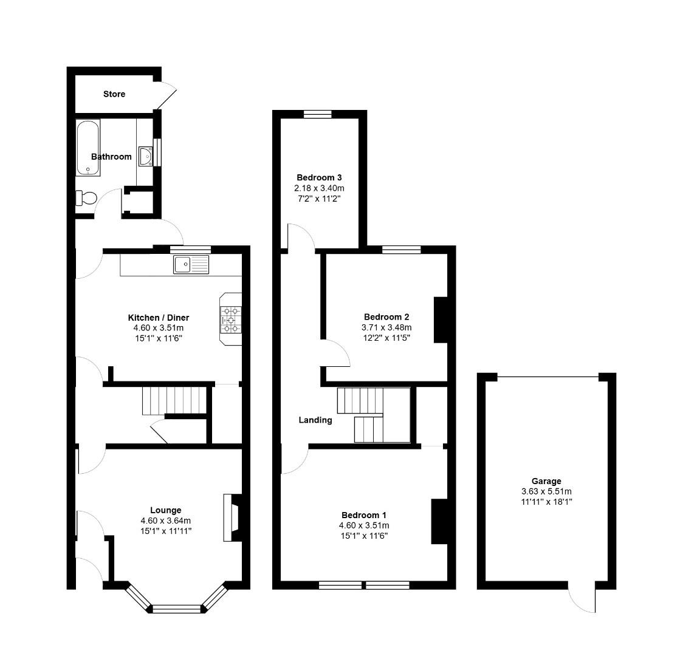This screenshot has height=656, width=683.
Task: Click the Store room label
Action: tap(114, 94)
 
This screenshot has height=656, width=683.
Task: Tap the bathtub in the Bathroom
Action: tap(88, 148)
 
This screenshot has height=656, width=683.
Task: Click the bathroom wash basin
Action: tap(146, 155)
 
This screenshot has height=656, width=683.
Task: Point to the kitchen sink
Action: tap(191, 265)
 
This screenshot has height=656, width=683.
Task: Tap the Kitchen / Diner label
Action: tap(158, 318)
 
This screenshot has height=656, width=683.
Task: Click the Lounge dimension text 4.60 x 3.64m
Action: tap(166, 521)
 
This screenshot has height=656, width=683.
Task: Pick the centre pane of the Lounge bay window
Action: tap(176, 609)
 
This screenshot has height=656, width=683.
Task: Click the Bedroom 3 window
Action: tap(318, 114)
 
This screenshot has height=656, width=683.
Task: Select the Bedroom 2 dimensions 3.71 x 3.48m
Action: tap(386, 327)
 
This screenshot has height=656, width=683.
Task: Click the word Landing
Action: tap(315, 420)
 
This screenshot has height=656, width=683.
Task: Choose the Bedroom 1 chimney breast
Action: tap(439, 521)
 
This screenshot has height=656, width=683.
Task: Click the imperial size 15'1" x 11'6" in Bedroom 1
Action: tap(363, 536)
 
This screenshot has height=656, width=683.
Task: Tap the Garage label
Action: tap(546, 481)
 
